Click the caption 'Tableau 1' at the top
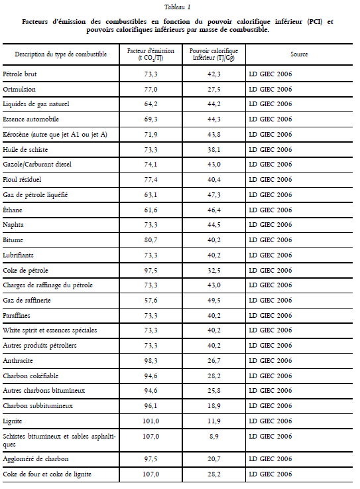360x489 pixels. coord(178,7)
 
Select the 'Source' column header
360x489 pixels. coord(299,54)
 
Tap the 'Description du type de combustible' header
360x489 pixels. coord(61,54)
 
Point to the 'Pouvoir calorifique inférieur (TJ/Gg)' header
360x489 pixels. coord(214,54)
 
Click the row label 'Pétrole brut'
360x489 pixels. coord(20,74)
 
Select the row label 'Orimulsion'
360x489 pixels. coord(19,90)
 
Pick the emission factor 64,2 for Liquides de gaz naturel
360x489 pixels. coord(151,104)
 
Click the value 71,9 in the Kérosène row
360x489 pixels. coord(151,135)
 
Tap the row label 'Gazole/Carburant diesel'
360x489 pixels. coord(37,165)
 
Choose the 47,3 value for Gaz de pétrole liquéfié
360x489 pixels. coord(214,195)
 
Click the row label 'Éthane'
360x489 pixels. coord(13,210)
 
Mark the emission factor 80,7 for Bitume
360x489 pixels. coord(151,240)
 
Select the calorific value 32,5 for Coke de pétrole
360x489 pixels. coord(214,271)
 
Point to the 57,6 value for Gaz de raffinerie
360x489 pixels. coord(151,301)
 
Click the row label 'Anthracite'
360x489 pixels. coord(18,361)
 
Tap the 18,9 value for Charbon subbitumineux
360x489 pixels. coord(214,406)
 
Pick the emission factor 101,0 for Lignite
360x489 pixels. coord(151,421)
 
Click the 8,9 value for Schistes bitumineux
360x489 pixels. coord(214,437)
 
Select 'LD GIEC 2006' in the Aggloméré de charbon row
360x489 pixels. coord(270,459)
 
